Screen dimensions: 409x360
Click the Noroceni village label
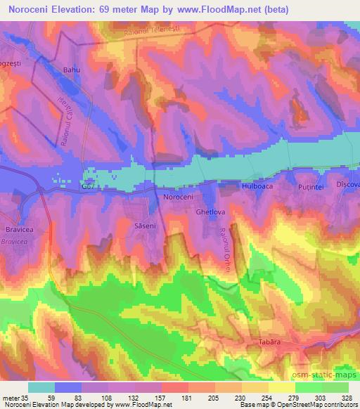(x=178, y=197)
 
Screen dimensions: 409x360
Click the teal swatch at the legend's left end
(x=41, y=387)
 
